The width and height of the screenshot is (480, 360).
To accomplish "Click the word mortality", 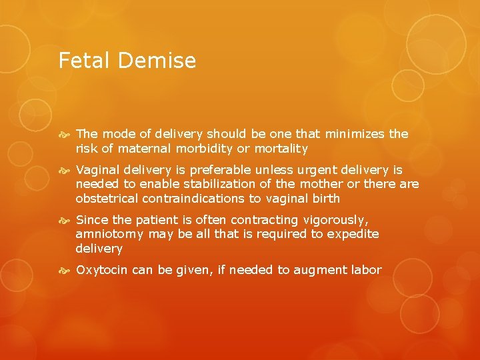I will point(281,149).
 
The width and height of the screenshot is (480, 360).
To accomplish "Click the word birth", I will point(326,199).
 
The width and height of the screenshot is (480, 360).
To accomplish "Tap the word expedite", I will point(355,234).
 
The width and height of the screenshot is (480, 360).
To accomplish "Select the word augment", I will point(320,270).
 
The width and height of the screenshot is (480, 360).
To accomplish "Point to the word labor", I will point(367,270).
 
